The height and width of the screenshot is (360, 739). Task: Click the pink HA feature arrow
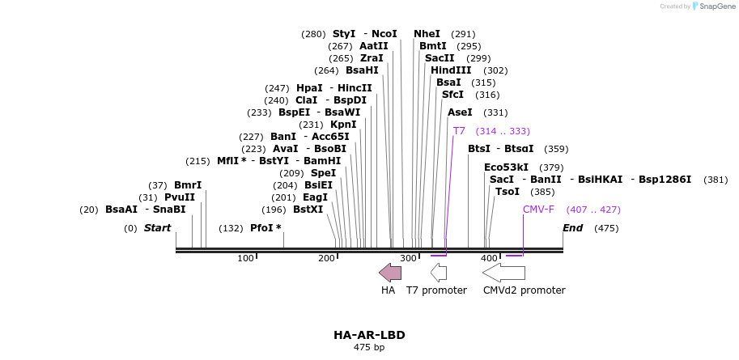(390, 273)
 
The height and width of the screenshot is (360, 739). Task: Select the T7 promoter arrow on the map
(439, 273)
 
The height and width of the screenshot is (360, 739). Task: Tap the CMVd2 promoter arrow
(503, 273)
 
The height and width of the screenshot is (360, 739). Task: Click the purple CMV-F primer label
(538, 210)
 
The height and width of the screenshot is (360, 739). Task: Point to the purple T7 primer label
(459, 131)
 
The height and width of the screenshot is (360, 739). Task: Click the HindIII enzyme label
(451, 70)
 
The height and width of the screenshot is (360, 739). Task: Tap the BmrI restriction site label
(188, 185)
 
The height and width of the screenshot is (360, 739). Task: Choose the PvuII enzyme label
(180, 197)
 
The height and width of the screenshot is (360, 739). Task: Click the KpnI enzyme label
(343, 125)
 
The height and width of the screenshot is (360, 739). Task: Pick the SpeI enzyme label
(323, 173)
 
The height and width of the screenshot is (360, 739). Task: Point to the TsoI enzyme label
(508, 192)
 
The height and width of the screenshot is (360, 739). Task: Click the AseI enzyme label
(460, 112)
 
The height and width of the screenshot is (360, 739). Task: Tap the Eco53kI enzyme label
(506, 167)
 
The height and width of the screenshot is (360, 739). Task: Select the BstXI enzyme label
(308, 210)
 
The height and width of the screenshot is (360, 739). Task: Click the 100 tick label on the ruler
(245, 258)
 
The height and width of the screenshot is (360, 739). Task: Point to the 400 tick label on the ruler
(489, 258)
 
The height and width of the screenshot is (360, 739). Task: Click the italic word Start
(158, 228)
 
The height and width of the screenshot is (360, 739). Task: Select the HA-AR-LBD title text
(369, 335)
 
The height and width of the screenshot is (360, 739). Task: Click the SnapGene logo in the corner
(713, 6)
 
